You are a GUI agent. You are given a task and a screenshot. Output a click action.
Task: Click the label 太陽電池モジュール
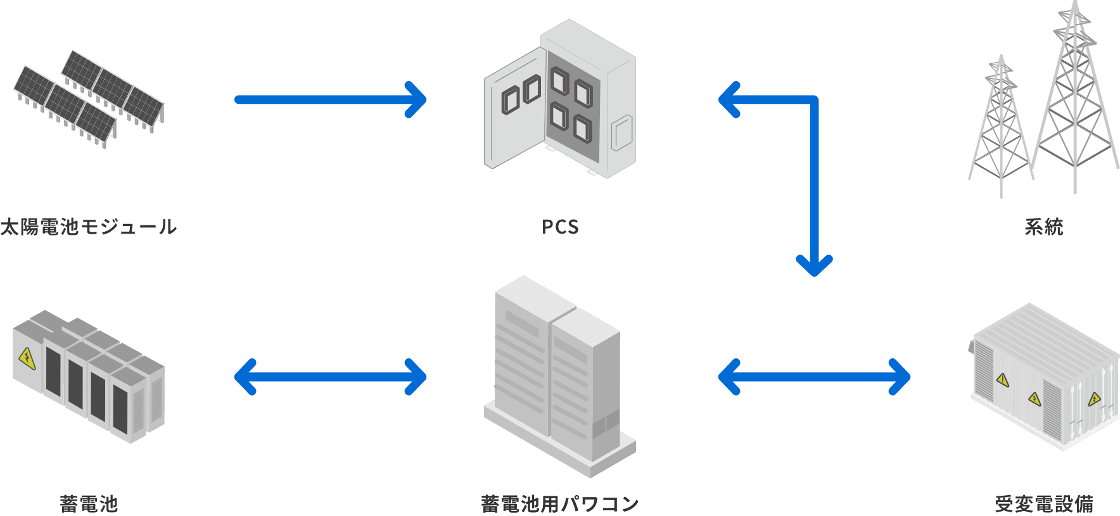[x=88, y=227]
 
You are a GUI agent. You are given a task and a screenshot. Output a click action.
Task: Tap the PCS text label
[x=560, y=227]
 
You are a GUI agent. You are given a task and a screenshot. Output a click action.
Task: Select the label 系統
[x=1043, y=227]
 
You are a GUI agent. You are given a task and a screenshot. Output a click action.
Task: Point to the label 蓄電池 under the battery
[x=89, y=504]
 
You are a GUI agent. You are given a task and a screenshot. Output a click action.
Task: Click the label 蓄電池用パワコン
[x=559, y=504]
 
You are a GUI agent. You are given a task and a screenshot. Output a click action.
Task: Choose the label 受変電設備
[x=1043, y=504]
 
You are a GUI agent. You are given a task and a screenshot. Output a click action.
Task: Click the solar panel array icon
[x=89, y=98]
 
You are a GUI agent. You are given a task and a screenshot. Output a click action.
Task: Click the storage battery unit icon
[x=89, y=377]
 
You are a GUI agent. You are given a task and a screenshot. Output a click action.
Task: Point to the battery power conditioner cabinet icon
[x=557, y=377]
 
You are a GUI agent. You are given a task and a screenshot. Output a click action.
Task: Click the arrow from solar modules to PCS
[x=329, y=99]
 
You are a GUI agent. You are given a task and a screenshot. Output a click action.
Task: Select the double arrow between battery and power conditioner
[x=330, y=377]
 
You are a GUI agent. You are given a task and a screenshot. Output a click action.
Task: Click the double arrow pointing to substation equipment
[x=814, y=377]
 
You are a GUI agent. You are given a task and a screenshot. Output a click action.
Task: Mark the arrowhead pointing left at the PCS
[x=729, y=99]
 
